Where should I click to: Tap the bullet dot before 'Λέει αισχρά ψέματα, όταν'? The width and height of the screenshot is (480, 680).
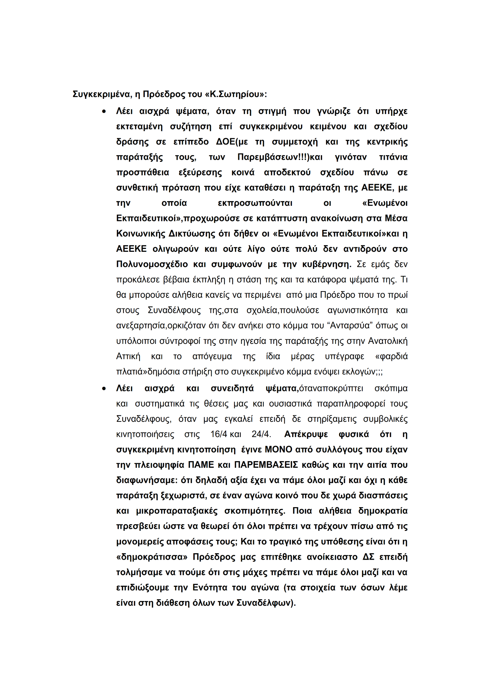(104, 112)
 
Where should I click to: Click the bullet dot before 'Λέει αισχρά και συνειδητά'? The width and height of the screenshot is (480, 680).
(104, 389)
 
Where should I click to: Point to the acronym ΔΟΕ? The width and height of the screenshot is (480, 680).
(225, 142)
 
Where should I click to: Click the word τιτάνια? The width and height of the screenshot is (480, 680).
(393, 157)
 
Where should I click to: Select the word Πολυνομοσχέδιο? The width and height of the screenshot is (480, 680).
(152, 265)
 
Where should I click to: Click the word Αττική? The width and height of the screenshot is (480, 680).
(128, 357)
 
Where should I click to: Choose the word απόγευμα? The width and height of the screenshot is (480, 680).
(212, 357)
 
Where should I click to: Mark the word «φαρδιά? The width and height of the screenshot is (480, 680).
(391, 357)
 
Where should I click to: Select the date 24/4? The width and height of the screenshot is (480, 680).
(261, 435)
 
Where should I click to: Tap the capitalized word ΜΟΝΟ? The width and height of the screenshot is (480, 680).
(279, 450)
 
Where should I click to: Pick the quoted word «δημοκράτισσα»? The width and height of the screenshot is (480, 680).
(152, 557)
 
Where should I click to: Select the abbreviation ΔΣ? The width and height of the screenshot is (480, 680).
(368, 557)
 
